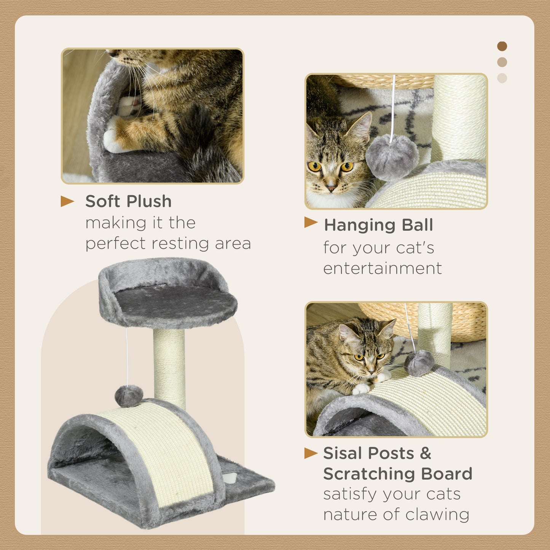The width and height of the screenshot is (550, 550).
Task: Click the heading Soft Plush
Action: pos(128,201)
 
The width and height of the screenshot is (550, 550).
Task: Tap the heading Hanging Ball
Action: pos(378,225)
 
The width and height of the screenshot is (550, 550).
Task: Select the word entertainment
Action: pos(382,268)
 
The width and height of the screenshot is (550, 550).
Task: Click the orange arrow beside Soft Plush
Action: pos(67,201)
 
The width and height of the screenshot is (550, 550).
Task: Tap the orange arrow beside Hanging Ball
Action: pos(311,222)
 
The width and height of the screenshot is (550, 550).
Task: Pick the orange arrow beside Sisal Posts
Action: pos(311,453)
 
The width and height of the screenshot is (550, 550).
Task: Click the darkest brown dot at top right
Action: pos(502,46)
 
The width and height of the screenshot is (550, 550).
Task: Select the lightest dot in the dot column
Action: pos(502,78)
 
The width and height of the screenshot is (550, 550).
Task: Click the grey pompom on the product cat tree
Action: pos(129,396)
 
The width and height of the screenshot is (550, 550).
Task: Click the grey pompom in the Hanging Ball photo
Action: pos(392,156)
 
